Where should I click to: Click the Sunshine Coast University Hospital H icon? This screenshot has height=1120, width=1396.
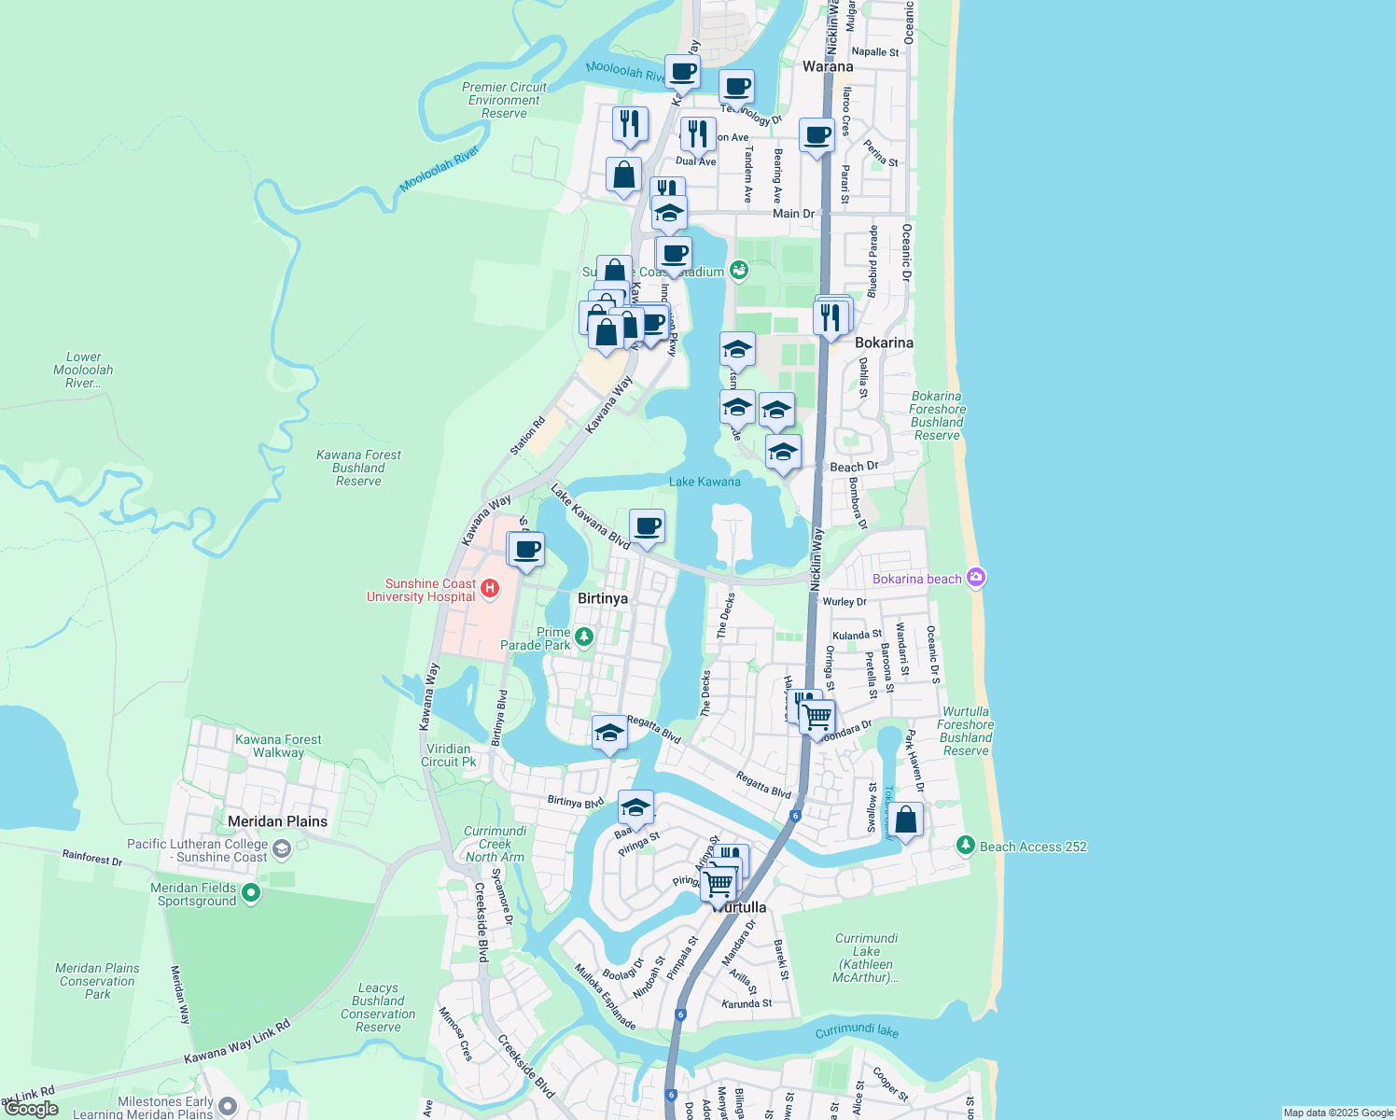489,589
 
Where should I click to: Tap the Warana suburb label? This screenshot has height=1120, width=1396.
828,66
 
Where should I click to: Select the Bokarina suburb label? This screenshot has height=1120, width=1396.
884,343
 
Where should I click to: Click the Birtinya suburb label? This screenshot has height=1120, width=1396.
603,598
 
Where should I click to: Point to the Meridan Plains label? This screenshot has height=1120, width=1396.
278,821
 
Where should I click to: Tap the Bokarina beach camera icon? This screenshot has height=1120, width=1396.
976,578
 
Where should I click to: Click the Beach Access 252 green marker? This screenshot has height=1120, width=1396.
966,846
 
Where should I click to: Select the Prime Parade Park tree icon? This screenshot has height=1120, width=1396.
584,637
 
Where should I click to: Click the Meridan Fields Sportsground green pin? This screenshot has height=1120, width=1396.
250,893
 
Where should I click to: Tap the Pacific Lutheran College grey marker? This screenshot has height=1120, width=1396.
282,849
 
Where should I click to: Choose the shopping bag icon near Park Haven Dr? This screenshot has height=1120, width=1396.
906,820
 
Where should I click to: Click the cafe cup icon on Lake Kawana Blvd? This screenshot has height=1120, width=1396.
647,527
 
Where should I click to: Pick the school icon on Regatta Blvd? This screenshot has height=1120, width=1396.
609,734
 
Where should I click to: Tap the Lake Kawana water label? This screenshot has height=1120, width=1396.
705,482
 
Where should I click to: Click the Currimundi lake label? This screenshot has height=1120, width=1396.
857,1031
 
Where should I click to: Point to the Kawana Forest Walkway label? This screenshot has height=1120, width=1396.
278,746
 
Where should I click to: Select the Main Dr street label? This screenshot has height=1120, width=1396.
793,214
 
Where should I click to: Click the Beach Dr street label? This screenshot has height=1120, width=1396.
854,467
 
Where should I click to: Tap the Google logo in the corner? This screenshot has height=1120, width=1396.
32,1109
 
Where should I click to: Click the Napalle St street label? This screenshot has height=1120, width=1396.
875,52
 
